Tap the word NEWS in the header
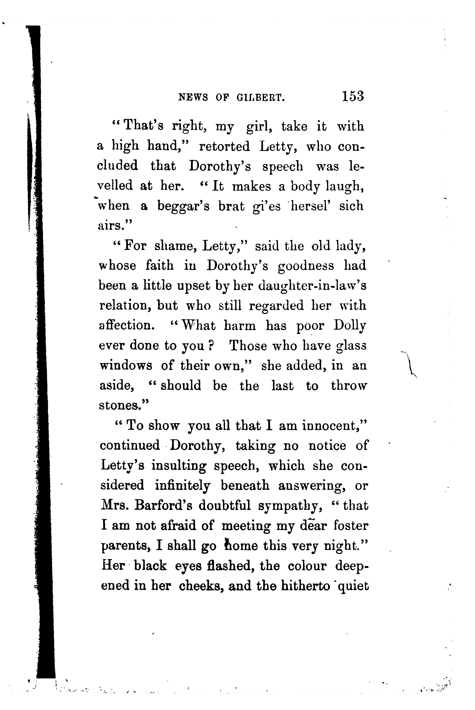point(193,97)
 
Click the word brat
point(232,206)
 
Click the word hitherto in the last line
point(305,586)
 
